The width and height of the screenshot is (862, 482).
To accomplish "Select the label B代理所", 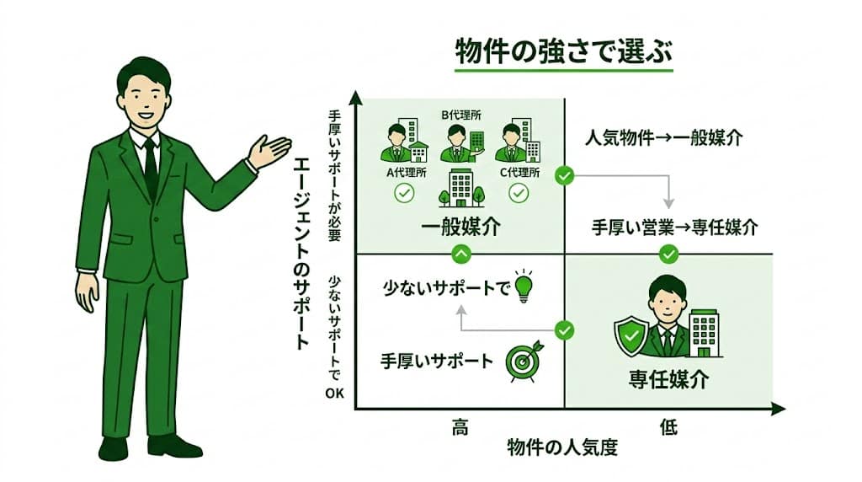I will tap(459, 112).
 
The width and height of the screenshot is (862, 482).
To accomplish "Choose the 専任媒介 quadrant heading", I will tap(669, 378).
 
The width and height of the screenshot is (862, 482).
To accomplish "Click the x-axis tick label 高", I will tap(460, 427).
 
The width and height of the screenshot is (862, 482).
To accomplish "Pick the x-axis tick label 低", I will tap(668, 427).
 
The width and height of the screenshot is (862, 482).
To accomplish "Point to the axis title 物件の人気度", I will tap(562, 447).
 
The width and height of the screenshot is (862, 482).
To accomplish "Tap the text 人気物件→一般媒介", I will tap(663, 138).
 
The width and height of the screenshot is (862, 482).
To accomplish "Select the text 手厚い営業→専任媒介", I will tap(673, 227).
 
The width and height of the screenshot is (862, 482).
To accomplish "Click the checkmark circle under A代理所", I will tap(404, 195).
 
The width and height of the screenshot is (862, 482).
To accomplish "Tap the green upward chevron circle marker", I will tap(460, 253).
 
